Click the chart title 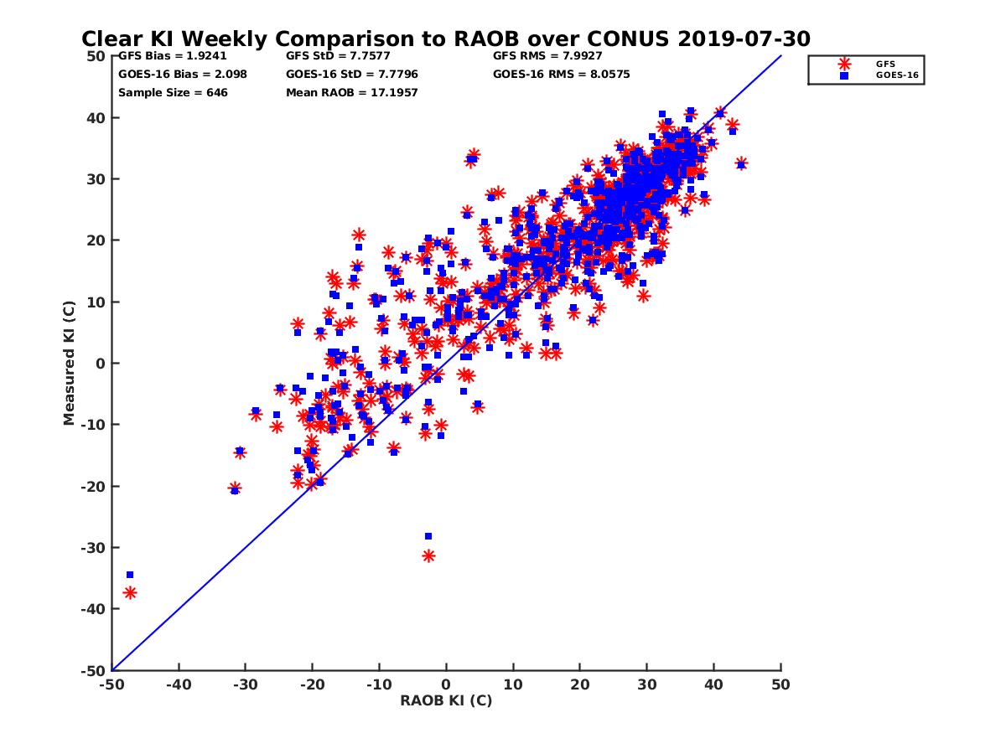tap(445, 39)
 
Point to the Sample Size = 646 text tap(173, 93)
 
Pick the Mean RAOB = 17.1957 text tap(351, 93)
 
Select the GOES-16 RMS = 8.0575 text tap(561, 75)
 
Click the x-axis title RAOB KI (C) tap(446, 700)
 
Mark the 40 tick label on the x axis tap(714, 685)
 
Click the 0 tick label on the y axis tap(99, 364)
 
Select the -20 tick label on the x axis tap(312, 685)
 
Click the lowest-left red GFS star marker tap(130, 592)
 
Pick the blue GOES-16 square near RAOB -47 tap(130, 575)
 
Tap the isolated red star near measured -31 tap(428, 555)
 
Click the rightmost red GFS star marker tap(741, 163)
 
